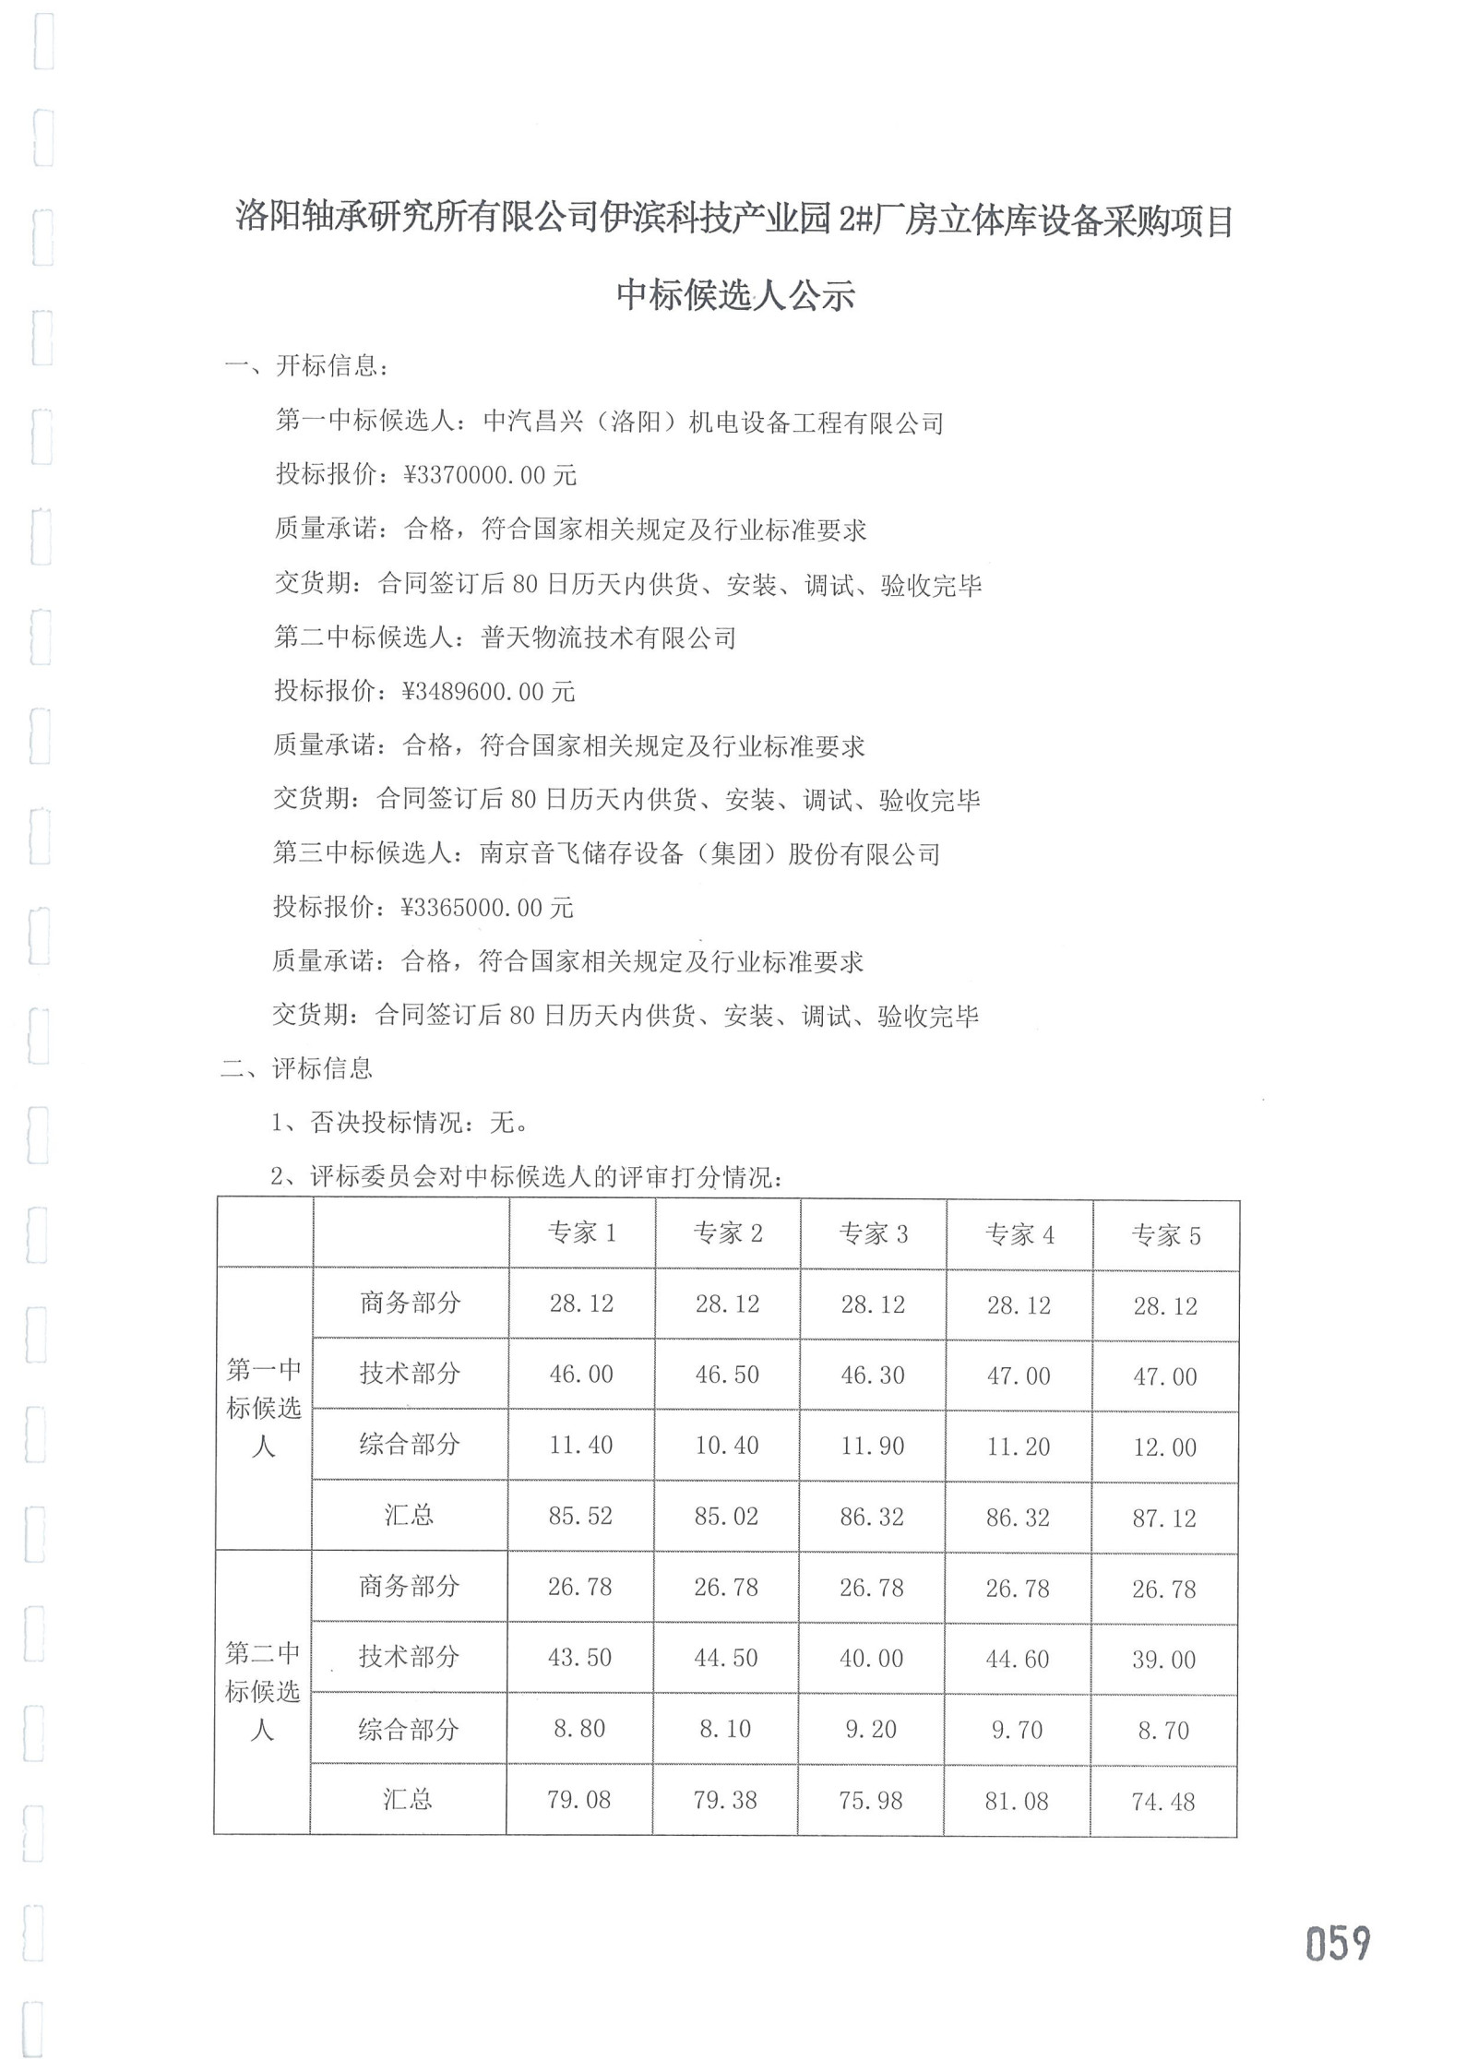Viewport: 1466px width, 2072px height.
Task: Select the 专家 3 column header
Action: coord(873,1233)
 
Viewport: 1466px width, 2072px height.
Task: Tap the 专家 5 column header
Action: coord(1165,1236)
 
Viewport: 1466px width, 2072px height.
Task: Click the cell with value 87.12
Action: coord(1164,1518)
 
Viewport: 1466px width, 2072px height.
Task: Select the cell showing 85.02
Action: coord(726,1516)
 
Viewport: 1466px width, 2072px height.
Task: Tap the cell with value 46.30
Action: coord(872,1375)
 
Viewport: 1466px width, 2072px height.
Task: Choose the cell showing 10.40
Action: coord(726,1445)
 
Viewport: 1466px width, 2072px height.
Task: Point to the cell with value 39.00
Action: coord(1163,1660)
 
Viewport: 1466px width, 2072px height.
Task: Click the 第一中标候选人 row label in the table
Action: coord(264,1408)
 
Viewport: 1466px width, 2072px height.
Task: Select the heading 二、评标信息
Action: coord(296,1068)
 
